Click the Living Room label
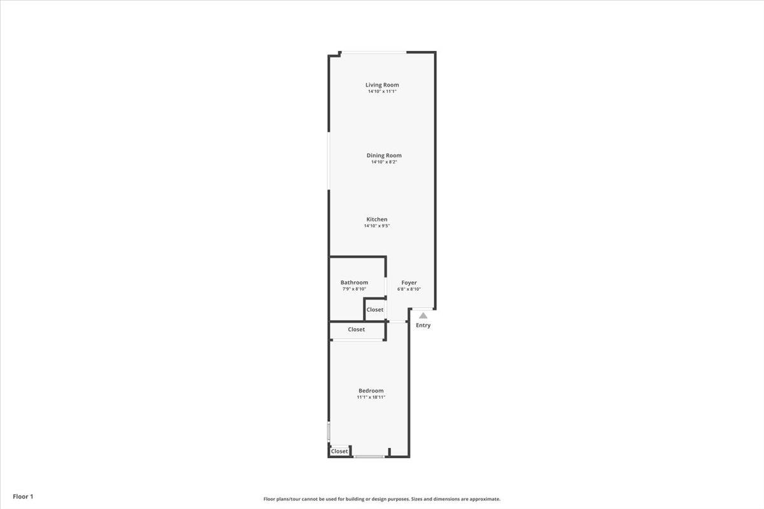(382, 85)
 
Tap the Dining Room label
(384, 155)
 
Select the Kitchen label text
(376, 220)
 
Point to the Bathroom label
(354, 282)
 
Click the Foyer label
(409, 282)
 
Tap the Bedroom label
(371, 391)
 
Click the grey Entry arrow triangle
(423, 315)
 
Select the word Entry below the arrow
(423, 325)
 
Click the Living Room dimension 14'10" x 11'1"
(382, 92)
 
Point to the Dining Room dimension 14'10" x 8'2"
(384, 162)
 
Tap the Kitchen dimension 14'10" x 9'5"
(376, 226)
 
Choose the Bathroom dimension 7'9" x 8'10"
(354, 289)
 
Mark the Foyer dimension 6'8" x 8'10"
(409, 289)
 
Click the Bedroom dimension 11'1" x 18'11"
(371, 397)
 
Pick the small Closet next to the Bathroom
(375, 310)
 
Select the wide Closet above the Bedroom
(356, 330)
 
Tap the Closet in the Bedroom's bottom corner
(339, 451)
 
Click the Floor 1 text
(22, 496)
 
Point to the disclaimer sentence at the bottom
(382, 499)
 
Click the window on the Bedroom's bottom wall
(369, 456)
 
